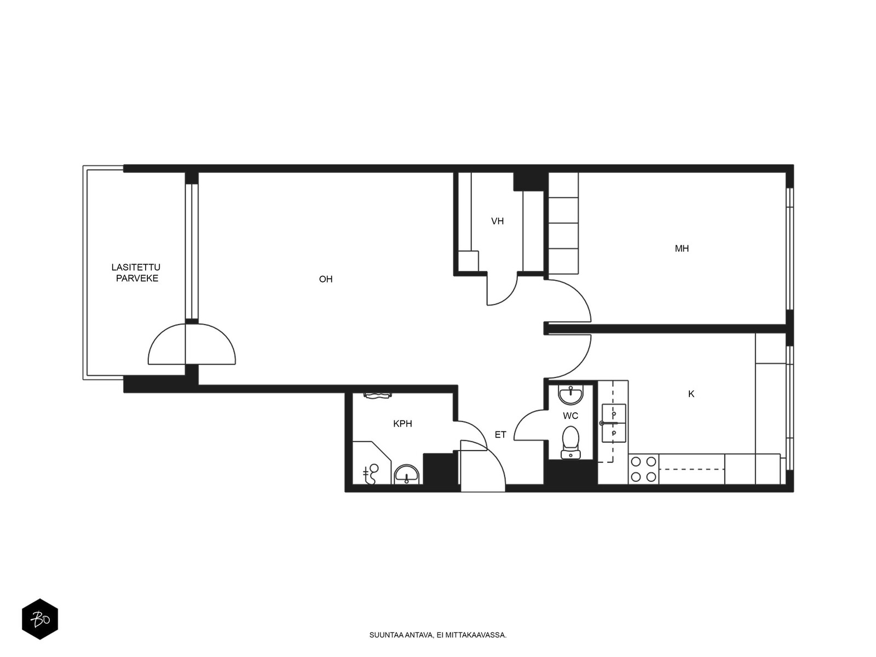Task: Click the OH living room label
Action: click(x=326, y=279)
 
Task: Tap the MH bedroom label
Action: click(x=682, y=249)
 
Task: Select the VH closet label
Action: click(x=497, y=221)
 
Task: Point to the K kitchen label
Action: click(x=691, y=394)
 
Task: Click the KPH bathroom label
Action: click(x=402, y=424)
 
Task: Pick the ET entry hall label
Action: click(x=500, y=435)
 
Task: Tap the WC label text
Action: click(x=570, y=416)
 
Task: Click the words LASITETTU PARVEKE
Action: click(x=136, y=273)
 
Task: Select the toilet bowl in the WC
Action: click(x=570, y=442)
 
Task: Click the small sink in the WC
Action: click(x=570, y=395)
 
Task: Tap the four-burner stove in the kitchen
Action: click(x=643, y=469)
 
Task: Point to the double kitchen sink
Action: click(x=614, y=423)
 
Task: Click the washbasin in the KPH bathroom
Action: click(x=406, y=475)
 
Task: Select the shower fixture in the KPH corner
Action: click(x=371, y=474)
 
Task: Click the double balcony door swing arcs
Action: click(x=192, y=344)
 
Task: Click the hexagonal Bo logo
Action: click(x=40, y=619)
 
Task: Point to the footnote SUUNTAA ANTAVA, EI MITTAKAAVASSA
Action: click(x=438, y=635)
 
